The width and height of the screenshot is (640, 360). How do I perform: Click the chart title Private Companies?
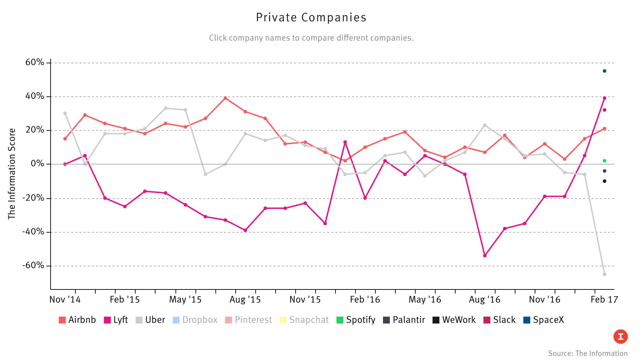[311, 18]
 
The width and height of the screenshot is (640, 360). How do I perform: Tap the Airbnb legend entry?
[77, 320]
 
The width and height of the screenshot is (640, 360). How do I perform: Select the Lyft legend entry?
[116, 320]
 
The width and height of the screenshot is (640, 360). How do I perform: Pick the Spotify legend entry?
[356, 320]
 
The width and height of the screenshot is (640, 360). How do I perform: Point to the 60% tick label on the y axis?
[35, 63]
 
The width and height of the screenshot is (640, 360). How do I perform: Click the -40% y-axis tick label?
[33, 232]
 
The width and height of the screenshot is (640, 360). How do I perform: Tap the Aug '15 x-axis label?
[245, 300]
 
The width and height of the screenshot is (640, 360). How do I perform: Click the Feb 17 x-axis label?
[604, 300]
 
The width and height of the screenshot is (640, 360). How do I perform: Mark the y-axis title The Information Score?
[12, 174]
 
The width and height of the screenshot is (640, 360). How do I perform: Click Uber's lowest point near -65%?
[605, 274]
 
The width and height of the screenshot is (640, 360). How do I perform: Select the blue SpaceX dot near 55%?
[605, 71]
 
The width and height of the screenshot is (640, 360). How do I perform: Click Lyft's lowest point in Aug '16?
[485, 256]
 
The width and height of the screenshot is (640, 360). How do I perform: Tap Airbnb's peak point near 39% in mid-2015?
[225, 98]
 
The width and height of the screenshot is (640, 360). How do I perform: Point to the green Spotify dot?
[605, 161]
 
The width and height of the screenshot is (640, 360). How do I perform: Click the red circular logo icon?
[620, 337]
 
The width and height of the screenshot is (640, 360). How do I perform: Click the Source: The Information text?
[588, 353]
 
